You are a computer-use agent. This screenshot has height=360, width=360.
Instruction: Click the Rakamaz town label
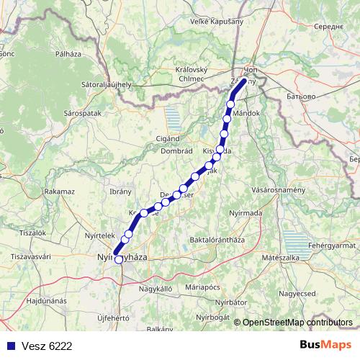pos(59,192)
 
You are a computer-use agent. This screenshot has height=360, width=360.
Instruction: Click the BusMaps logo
pos(325,346)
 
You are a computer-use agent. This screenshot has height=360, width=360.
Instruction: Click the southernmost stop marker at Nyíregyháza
pos(118,260)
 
